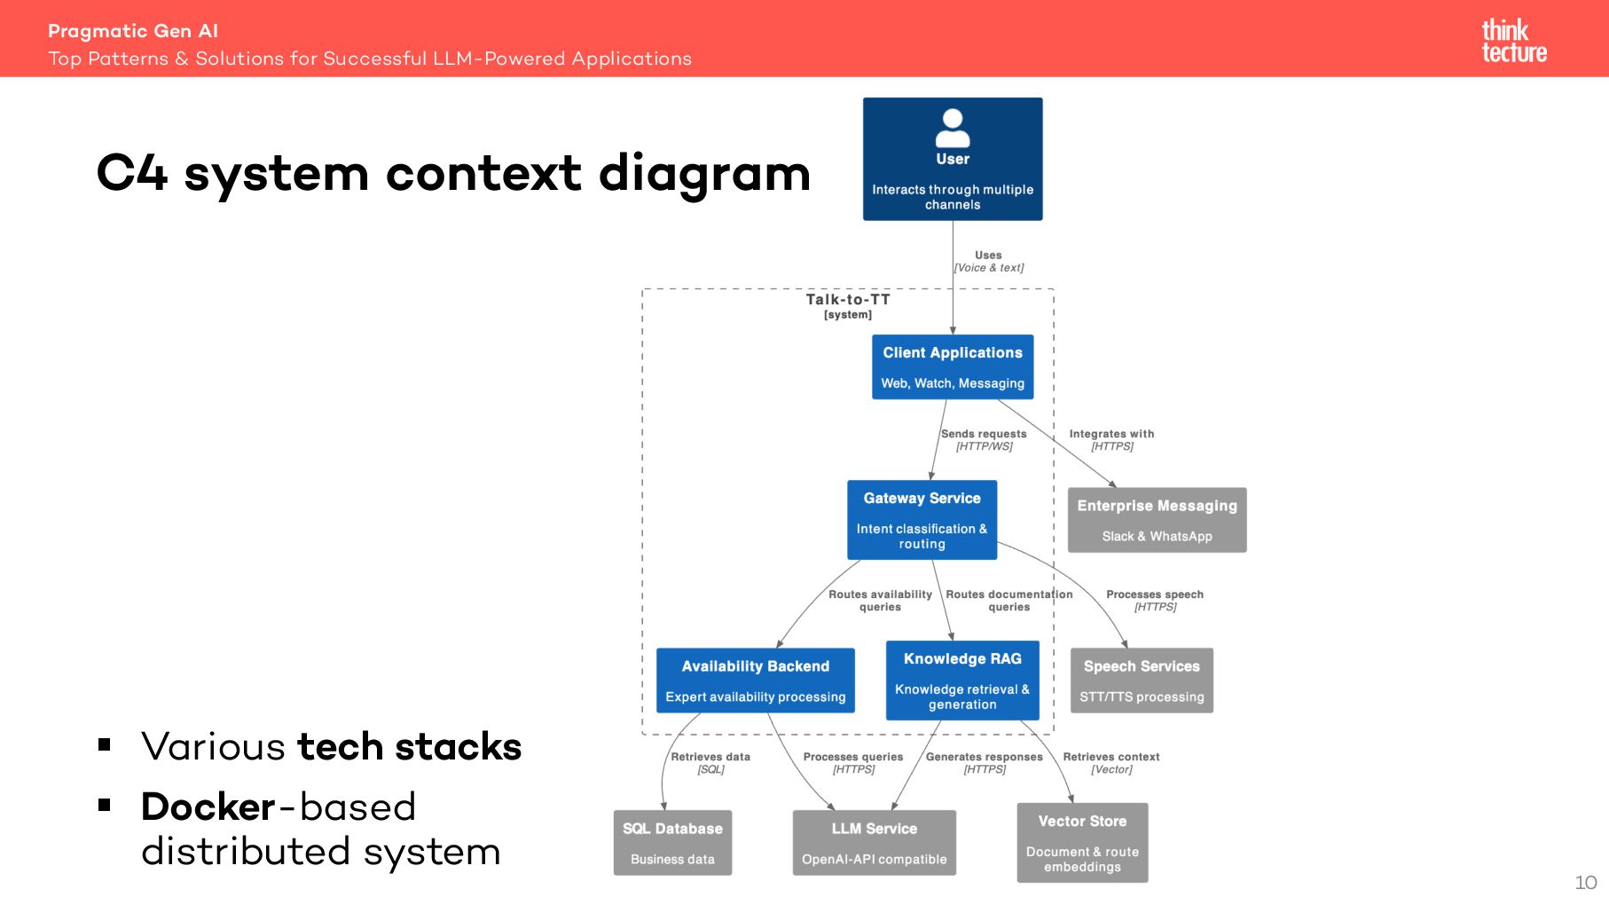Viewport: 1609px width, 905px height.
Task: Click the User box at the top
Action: pyautogui.click(x=953, y=159)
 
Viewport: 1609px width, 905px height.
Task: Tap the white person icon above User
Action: pyautogui.click(x=953, y=129)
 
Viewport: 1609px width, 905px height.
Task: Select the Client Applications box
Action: pyautogui.click(x=953, y=366)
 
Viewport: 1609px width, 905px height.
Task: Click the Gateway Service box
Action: pyautogui.click(x=922, y=520)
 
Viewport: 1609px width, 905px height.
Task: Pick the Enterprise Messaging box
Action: pyautogui.click(x=1157, y=520)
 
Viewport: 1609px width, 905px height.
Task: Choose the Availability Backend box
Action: pyautogui.click(x=756, y=681)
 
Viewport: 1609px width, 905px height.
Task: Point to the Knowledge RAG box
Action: pyautogui.click(x=962, y=681)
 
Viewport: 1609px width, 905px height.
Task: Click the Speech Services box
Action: pyautogui.click(x=1142, y=681)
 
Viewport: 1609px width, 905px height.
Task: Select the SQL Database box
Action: pyautogui.click(x=672, y=843)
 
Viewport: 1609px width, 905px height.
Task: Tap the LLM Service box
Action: pyautogui.click(x=875, y=843)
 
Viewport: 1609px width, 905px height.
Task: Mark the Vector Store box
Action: pyautogui.click(x=1082, y=843)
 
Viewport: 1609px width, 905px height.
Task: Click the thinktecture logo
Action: pyautogui.click(x=1514, y=41)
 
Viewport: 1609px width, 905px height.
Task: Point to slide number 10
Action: pyautogui.click(x=1586, y=883)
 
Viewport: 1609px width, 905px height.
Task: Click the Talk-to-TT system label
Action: pyautogui.click(x=848, y=306)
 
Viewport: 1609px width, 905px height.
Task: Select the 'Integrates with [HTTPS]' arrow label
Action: pyautogui.click(x=1111, y=440)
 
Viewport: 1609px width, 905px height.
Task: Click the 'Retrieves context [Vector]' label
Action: pyautogui.click(x=1111, y=763)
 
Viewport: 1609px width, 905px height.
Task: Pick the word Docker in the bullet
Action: pyautogui.click(x=208, y=807)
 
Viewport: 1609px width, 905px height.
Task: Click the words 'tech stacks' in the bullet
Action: pyautogui.click(x=410, y=746)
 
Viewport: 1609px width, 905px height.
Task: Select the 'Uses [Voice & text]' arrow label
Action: pyautogui.click(x=988, y=261)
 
